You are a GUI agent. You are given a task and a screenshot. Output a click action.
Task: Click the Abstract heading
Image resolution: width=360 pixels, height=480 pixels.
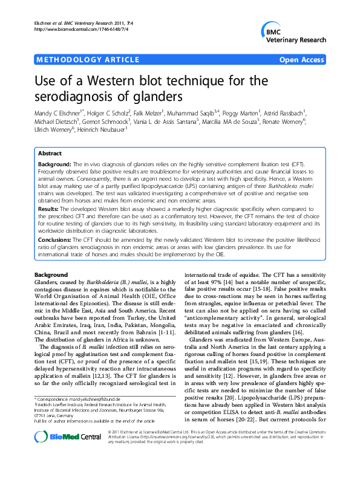[x=51, y=137]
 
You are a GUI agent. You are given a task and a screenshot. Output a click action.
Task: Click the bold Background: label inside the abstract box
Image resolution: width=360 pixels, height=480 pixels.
[x=54, y=148]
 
